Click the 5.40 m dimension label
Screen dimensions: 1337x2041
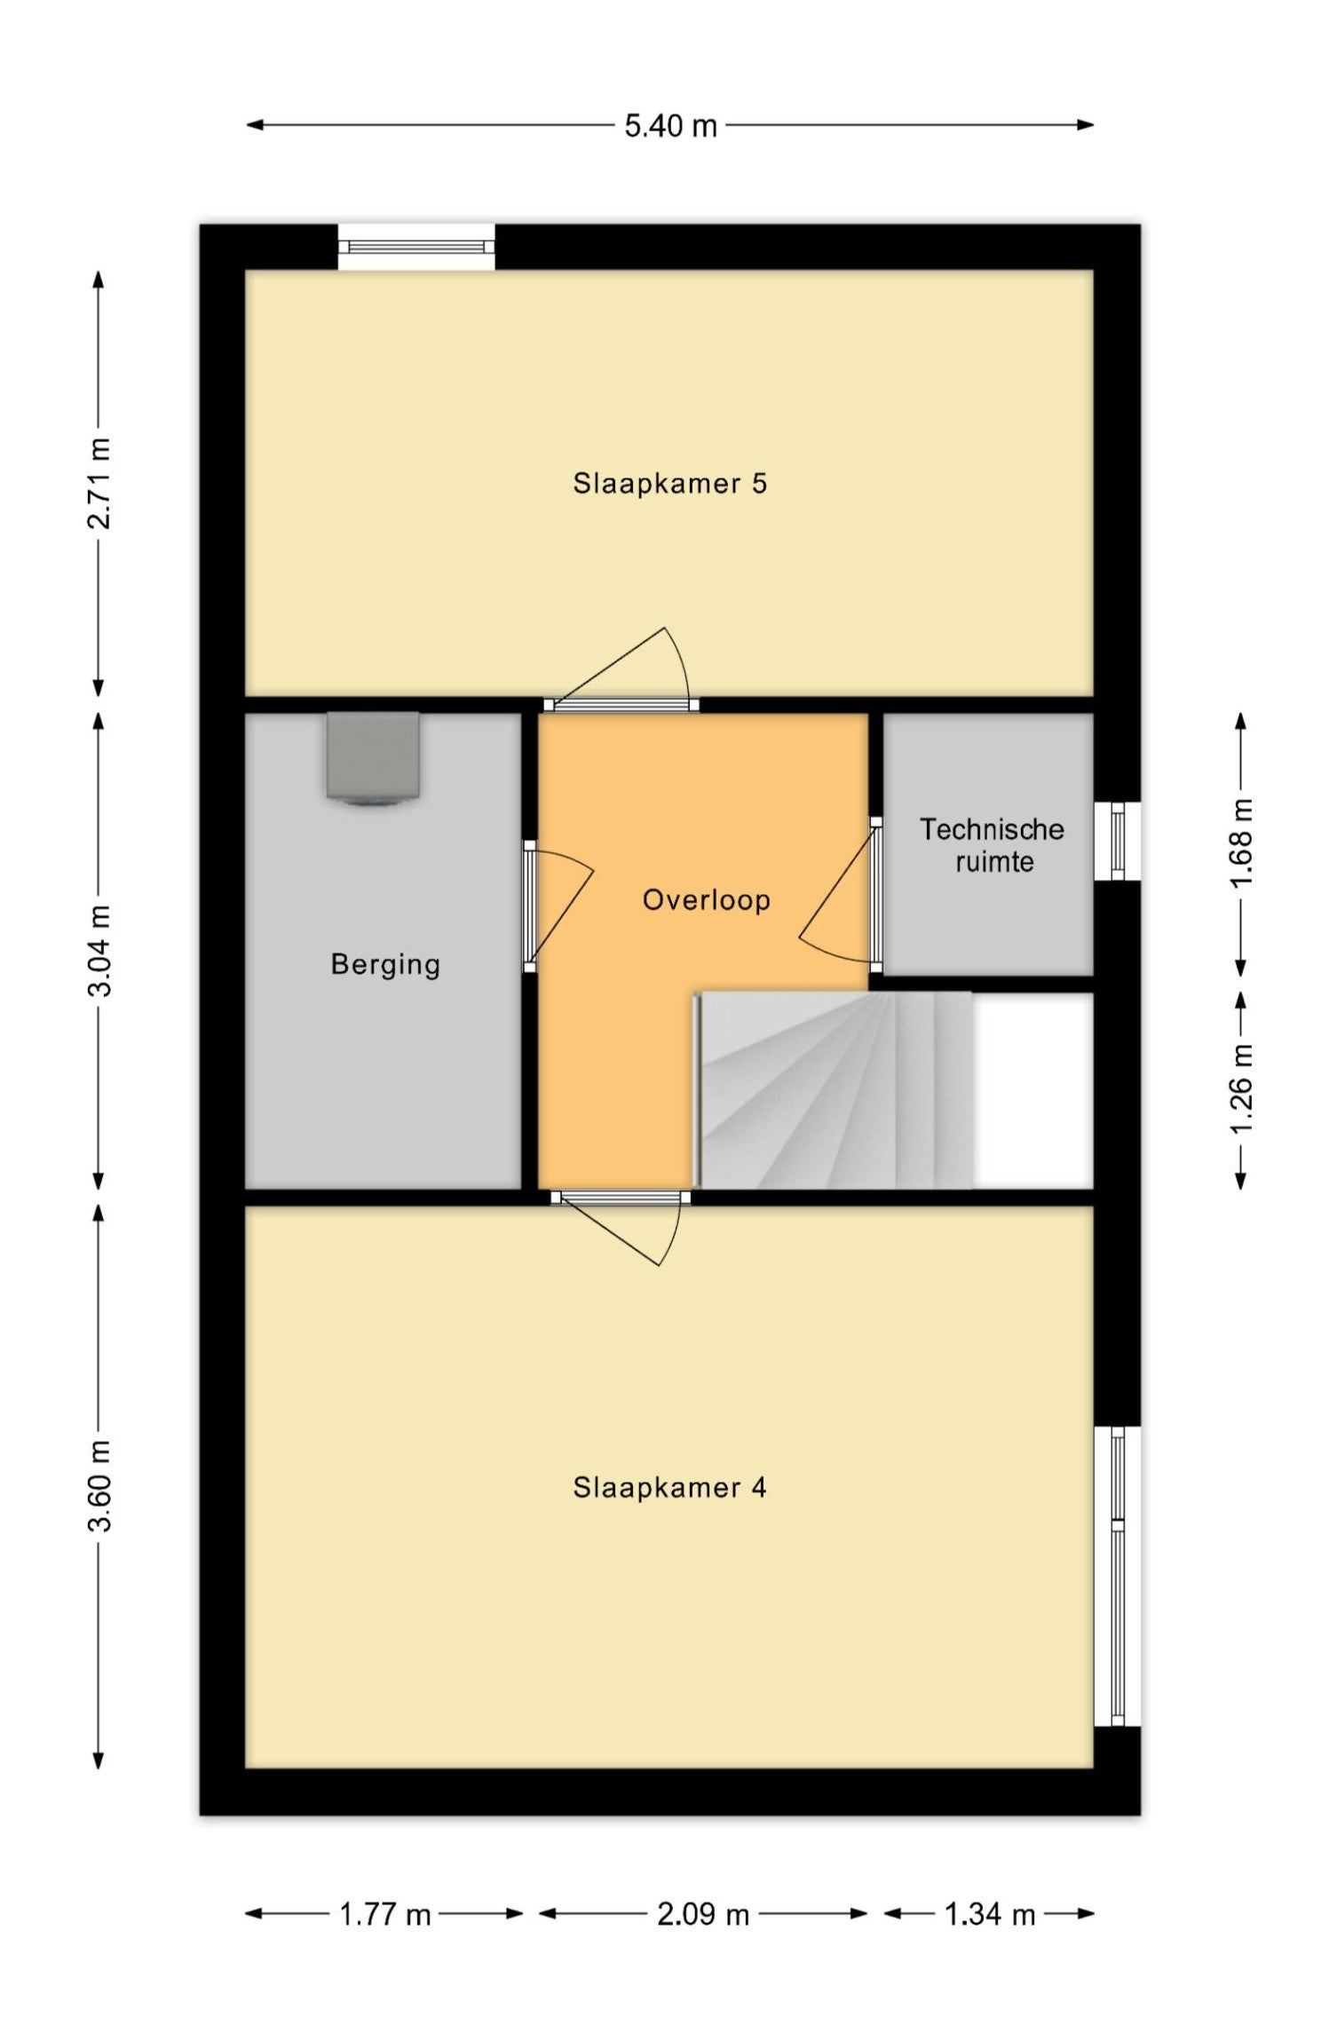670,126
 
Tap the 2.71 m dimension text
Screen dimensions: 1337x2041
99,483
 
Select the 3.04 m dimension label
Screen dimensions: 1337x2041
99,951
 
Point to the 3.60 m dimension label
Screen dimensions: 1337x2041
99,1486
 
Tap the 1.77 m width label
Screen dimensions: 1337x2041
384,1914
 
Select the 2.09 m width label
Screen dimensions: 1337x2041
703,1914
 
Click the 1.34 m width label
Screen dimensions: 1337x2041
990,1914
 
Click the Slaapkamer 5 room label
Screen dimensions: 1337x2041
669,484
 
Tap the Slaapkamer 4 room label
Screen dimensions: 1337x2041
669,1487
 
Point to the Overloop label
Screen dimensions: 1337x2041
706,900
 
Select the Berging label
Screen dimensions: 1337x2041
385,965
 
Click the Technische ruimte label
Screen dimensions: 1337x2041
993,845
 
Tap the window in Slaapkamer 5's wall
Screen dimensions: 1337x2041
416,247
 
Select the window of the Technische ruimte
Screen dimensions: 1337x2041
1117,841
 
